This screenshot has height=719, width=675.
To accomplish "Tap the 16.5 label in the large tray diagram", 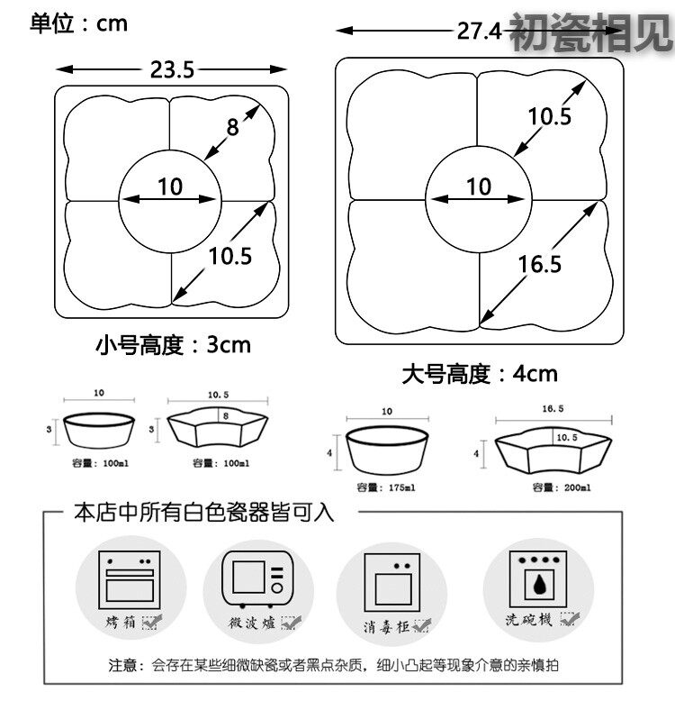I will (540, 263).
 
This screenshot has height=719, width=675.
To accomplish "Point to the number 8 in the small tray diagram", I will (232, 128).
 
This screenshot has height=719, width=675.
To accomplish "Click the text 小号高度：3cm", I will (173, 343).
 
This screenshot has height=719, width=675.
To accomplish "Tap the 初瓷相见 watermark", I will (589, 33).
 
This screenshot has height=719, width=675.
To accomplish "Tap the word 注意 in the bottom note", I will (123, 666).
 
